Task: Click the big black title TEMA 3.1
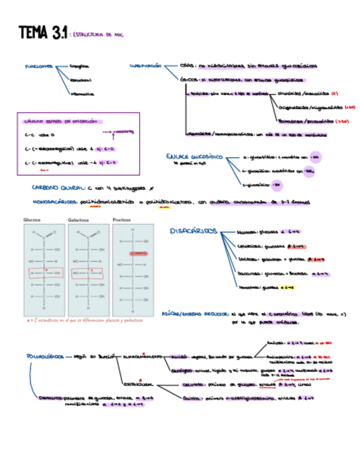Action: pos(42,33)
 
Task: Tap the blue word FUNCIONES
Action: pos(38,66)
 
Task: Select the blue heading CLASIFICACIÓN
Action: pos(145,65)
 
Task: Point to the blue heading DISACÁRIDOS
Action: pos(194,231)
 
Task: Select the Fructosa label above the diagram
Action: pos(122,219)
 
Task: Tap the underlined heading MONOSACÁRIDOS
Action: pos(55,201)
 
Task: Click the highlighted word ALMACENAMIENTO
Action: pos(142,356)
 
